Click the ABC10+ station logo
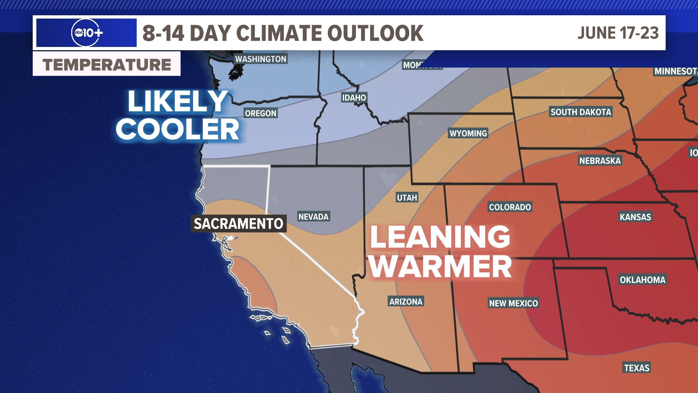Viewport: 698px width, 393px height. pos(87,33)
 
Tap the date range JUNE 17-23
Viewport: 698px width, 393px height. pos(618,33)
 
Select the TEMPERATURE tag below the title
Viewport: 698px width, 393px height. pos(107,64)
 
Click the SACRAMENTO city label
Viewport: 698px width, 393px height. pos(238,223)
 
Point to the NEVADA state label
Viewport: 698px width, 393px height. pos(313,217)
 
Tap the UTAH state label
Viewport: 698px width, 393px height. pos(407,198)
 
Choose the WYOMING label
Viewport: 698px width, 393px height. pos(468,133)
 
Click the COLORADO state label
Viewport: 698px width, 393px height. pos(510,207)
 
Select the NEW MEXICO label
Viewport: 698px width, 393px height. pos(513,303)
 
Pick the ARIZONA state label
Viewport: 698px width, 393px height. pos(406,301)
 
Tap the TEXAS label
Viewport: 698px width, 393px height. pos(637,368)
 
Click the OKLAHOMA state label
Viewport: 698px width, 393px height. pos(642,279)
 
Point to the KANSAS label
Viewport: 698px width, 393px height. pos(635,217)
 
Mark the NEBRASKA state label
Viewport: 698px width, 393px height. pos(600,160)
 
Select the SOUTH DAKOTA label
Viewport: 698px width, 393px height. pos(581,112)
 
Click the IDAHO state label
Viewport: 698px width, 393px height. pos(354,98)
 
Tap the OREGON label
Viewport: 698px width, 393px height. pos(260,113)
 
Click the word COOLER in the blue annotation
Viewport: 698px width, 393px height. pos(177,129)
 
